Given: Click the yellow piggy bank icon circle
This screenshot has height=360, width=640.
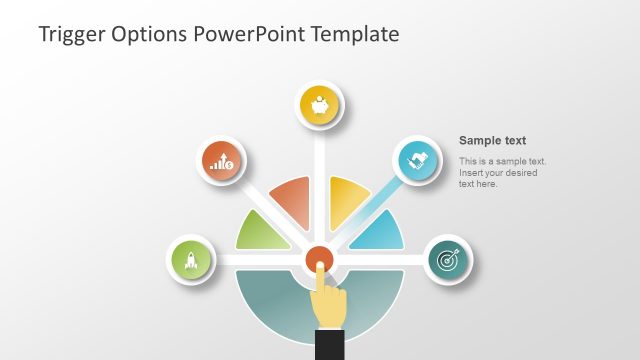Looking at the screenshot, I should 321,106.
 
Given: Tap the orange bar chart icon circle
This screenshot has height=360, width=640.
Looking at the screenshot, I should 221,161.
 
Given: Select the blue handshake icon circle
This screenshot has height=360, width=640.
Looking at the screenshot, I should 417,160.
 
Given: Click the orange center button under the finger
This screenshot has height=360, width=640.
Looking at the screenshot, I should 319,259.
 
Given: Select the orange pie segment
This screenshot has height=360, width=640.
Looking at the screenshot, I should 293,201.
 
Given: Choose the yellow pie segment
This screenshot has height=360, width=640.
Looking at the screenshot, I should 347,201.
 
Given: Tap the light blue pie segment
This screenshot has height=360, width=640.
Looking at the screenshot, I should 380,233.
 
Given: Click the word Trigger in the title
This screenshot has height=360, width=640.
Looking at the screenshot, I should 71,34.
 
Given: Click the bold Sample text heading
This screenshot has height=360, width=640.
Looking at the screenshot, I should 492,141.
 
